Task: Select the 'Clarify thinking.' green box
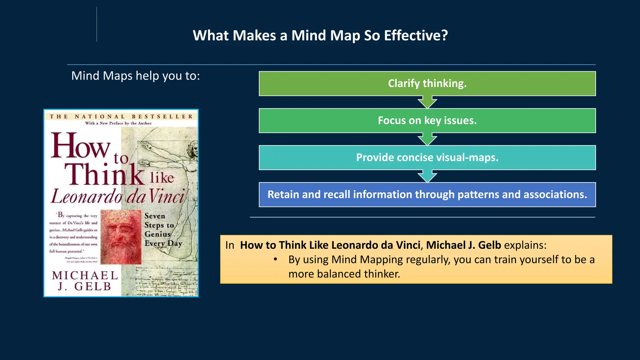pyautogui.click(x=427, y=83)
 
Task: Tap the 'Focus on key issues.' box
pyautogui.click(x=427, y=121)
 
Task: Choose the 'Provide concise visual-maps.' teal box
pyautogui.click(x=427, y=157)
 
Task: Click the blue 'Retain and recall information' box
pyautogui.click(x=427, y=195)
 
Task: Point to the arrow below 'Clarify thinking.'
pyautogui.click(x=427, y=102)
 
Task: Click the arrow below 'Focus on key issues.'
pyautogui.click(x=427, y=139)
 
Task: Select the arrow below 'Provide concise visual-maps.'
pyautogui.click(x=427, y=177)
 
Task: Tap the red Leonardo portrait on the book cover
pyautogui.click(x=121, y=237)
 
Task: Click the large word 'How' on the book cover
pyautogui.click(x=80, y=146)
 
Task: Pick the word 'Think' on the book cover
pyautogui.click(x=104, y=174)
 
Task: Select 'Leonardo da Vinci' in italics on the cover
pyautogui.click(x=118, y=197)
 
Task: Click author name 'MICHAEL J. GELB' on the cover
pyautogui.click(x=85, y=281)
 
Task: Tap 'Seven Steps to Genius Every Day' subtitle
pyautogui.click(x=163, y=230)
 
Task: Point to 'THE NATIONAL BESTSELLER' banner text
pyautogui.click(x=121, y=117)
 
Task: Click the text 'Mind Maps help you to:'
pyautogui.click(x=135, y=76)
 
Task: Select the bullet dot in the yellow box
pyautogui.click(x=275, y=259)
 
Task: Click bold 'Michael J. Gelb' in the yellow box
pyautogui.click(x=463, y=245)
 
